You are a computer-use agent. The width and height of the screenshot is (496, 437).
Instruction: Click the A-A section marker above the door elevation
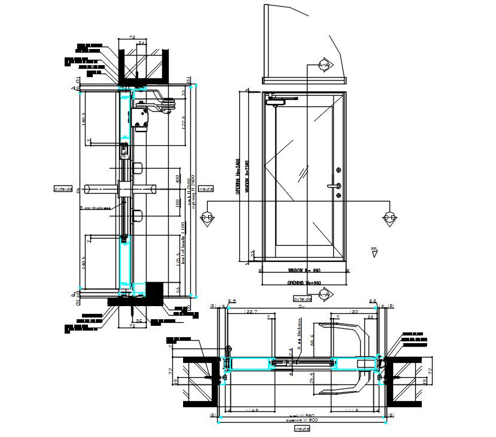coord(324,65)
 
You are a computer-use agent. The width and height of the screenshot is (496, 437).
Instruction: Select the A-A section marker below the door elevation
coord(324,294)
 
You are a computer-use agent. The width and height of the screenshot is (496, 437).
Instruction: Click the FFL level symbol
coord(375,252)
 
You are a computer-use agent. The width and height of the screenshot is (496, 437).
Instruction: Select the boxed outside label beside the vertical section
coord(63,189)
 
